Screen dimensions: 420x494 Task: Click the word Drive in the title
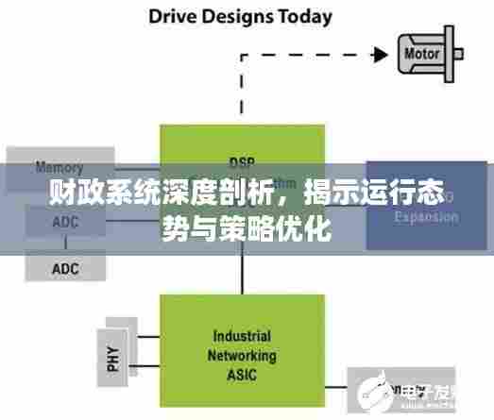(170, 16)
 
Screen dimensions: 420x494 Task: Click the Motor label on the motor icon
(421, 53)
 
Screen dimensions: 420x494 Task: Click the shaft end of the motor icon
(464, 54)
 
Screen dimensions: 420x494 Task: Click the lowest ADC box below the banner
(65, 269)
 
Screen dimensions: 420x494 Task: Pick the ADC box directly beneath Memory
(65, 222)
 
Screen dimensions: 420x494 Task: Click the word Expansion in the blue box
(426, 216)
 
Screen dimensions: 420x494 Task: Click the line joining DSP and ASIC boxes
(243, 273)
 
